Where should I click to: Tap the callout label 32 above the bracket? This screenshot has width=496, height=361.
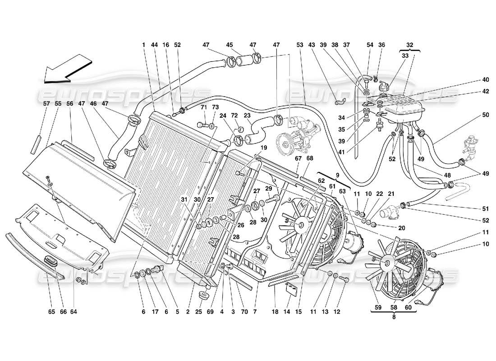[409, 45]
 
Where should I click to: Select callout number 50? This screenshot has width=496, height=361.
[473, 116]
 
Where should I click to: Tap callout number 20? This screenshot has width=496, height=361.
[389, 228]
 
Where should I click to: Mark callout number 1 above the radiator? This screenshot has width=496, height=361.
[143, 45]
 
